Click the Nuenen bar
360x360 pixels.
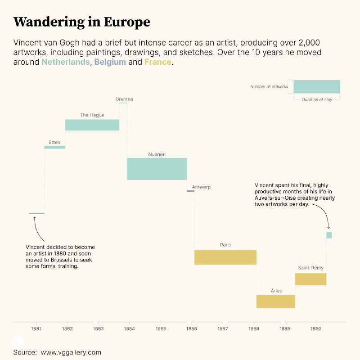(157, 169)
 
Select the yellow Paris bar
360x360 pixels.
(225, 257)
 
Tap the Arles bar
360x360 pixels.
(276, 301)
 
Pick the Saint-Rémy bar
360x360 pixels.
(310, 279)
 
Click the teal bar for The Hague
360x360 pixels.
(92, 125)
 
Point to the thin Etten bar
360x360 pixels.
(54, 147)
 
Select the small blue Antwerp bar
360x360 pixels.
(190, 191)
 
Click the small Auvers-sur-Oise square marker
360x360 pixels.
(329, 235)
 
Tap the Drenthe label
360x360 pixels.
(124, 99)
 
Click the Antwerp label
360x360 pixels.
(201, 187)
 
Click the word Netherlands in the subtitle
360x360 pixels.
(66, 62)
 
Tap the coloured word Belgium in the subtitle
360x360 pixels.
(110, 62)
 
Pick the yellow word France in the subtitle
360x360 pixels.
(157, 62)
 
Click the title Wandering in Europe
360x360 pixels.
(82, 22)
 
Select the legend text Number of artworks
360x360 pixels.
(269, 86)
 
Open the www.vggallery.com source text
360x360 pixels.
(71, 352)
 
